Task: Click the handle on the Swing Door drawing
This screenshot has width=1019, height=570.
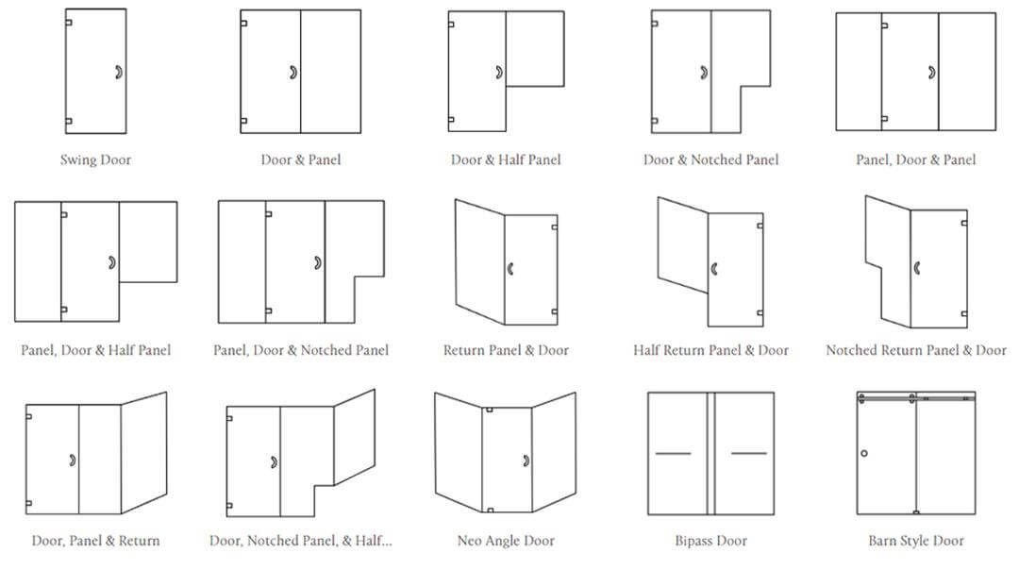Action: point(119,72)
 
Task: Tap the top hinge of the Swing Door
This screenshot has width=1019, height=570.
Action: point(68,23)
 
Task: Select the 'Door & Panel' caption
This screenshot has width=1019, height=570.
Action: point(300,159)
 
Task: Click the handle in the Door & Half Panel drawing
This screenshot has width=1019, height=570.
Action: point(500,72)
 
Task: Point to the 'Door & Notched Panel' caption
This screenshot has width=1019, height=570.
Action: point(711,159)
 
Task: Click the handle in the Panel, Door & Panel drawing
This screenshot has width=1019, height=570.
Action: point(932,72)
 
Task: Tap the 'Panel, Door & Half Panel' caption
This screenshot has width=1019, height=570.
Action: point(95,350)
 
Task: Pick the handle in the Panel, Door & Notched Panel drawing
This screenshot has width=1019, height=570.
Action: point(319,262)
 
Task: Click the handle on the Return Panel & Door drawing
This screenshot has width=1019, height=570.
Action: point(510,268)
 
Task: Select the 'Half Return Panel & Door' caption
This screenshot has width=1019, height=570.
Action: point(711,350)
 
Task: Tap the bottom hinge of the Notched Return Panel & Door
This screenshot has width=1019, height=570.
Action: point(964,314)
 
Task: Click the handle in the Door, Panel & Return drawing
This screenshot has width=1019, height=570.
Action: point(73,461)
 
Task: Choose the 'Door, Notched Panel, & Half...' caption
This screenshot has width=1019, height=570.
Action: point(301,541)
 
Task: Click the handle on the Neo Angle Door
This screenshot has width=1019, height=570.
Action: point(526,461)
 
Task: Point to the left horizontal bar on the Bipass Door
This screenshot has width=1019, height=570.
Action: point(674,453)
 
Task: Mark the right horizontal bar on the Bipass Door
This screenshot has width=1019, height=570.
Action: point(748,453)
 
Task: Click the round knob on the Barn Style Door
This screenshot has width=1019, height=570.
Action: point(864,453)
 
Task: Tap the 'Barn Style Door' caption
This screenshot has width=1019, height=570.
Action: point(916,541)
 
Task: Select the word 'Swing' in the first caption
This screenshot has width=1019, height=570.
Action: point(78,159)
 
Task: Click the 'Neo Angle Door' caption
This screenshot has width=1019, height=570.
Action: point(506,541)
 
